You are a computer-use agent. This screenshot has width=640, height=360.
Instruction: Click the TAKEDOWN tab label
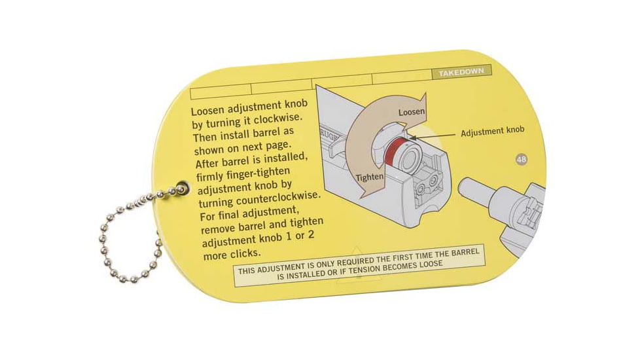pos(462,73)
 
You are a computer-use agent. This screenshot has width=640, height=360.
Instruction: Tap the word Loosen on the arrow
pos(412,112)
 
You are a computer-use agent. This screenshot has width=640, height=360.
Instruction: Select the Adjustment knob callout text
pos(493,132)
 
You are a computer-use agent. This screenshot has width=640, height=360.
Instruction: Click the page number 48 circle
pos(522,159)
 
